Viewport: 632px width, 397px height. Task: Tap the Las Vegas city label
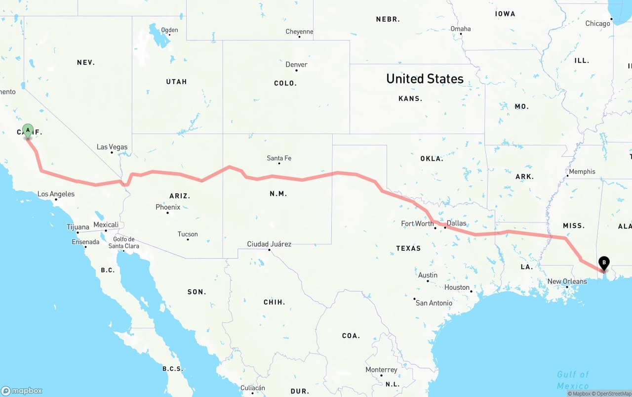point(112,147)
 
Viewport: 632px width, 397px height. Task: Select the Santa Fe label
point(279,158)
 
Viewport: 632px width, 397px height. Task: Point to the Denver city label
point(296,65)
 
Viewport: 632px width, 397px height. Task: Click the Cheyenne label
point(299,32)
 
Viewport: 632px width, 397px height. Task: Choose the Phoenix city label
point(168,207)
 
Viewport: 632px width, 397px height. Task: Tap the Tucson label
point(188,234)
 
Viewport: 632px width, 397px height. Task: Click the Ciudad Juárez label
point(269,244)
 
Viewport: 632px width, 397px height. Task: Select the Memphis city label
point(582,172)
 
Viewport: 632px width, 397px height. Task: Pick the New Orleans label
point(567,281)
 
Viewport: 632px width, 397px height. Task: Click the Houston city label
point(457,287)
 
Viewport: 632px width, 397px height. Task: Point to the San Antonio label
point(434,303)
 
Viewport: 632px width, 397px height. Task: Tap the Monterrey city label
point(381,370)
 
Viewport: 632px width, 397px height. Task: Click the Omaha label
point(461,29)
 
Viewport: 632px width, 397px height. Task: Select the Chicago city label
point(597,23)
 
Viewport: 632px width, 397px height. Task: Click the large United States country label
point(425,79)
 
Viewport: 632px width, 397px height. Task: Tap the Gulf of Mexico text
point(573,380)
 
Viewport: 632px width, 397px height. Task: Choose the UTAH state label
point(176,82)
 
